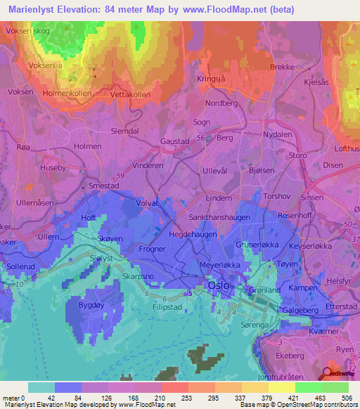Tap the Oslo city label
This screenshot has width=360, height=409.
217,286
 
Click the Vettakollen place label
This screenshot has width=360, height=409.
130,94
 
